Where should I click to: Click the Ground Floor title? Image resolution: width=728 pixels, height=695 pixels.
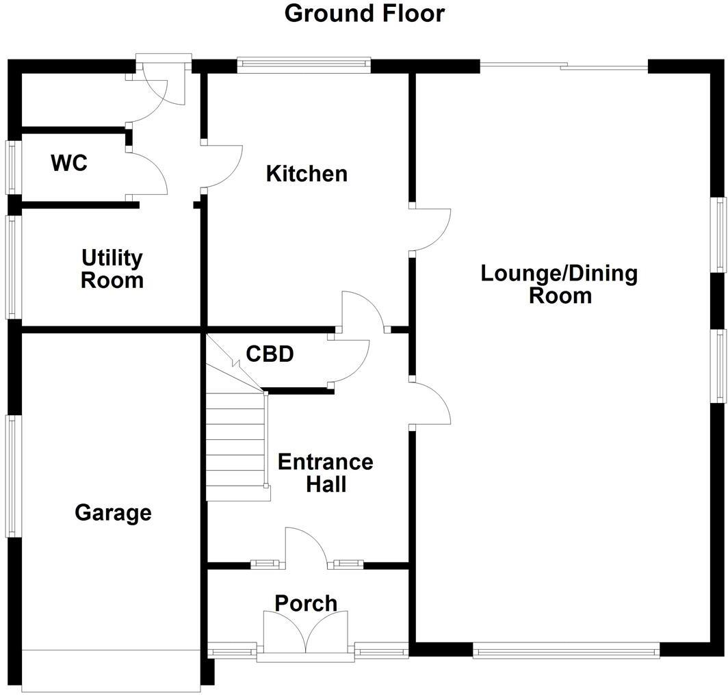(365, 14)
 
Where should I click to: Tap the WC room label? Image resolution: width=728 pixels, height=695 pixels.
(69, 163)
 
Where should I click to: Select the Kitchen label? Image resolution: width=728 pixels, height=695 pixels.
(307, 174)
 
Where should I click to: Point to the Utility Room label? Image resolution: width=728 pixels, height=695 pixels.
(112, 270)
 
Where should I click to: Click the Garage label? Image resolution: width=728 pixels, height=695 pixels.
(113, 513)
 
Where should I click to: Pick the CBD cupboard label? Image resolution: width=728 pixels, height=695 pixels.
(270, 354)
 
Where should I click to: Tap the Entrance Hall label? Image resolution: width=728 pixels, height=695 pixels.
(326, 473)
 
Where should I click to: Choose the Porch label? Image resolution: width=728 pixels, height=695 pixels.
(306, 603)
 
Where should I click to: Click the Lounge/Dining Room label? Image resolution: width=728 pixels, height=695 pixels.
(559, 284)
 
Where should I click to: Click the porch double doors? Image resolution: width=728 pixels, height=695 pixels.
(305, 632)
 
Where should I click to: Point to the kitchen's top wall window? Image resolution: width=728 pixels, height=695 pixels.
(304, 65)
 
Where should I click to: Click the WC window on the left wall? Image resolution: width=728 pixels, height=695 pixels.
(13, 167)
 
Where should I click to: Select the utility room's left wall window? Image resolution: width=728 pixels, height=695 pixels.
(13, 267)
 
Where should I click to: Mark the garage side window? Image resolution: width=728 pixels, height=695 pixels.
(13, 476)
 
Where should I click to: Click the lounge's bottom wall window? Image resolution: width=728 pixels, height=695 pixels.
(567, 650)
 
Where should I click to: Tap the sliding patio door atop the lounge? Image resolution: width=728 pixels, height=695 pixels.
(564, 66)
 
